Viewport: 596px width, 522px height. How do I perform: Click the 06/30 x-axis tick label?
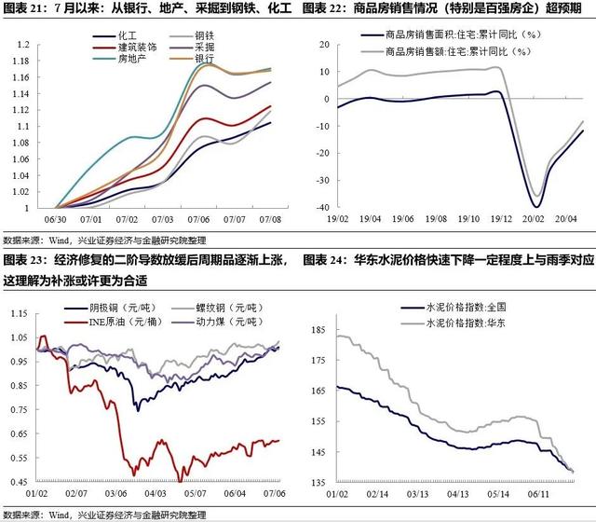(55, 218)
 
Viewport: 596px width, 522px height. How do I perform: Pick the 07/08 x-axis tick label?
(271, 218)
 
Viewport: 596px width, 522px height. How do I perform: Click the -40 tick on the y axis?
(320, 208)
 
